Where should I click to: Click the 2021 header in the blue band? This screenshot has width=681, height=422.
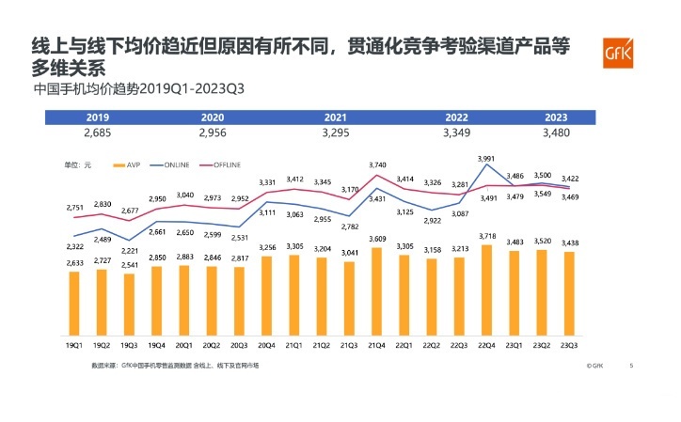336,117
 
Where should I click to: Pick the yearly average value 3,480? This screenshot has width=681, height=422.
556,133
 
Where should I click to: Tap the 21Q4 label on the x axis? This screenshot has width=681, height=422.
377,344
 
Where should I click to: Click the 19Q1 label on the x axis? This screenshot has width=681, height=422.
74,344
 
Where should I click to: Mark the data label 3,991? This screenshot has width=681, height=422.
486,158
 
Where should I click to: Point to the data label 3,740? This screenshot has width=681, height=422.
377,165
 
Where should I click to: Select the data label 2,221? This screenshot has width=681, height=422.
129,251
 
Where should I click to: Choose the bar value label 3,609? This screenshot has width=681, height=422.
377,239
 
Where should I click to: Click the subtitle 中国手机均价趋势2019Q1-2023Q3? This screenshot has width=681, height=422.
138,90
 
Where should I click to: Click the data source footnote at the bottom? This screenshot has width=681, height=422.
174,365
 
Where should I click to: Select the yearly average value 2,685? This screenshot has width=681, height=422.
97,133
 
